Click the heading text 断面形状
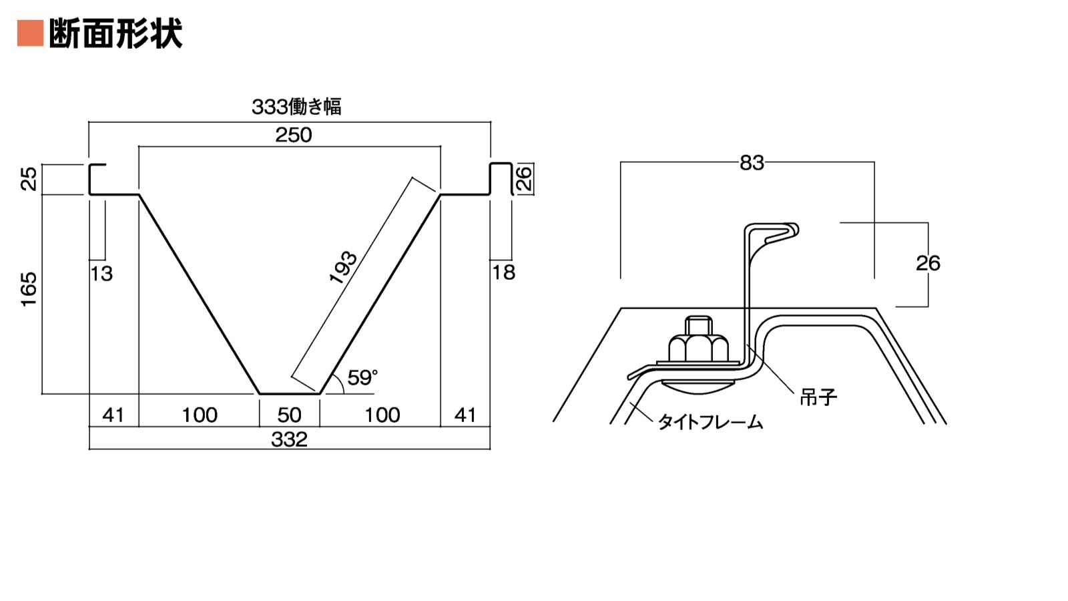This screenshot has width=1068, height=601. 115,33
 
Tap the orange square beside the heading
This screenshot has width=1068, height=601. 30,33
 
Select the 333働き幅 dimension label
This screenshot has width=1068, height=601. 296,107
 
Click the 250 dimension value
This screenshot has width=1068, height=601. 294,136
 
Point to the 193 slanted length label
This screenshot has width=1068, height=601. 344,267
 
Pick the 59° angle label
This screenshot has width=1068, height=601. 362,378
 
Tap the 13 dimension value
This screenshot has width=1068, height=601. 101,274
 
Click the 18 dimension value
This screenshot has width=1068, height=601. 503,272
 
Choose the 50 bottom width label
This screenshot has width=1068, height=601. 289,415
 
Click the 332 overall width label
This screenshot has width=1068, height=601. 289,440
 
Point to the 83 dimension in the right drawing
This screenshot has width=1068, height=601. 752,163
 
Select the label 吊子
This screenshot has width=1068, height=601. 818,397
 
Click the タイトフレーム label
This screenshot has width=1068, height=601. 710,422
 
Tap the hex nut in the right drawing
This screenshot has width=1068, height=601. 698,343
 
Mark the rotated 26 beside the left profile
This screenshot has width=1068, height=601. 525,179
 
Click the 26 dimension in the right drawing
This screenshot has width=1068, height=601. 928,263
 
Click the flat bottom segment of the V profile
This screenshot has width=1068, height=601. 289,394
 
